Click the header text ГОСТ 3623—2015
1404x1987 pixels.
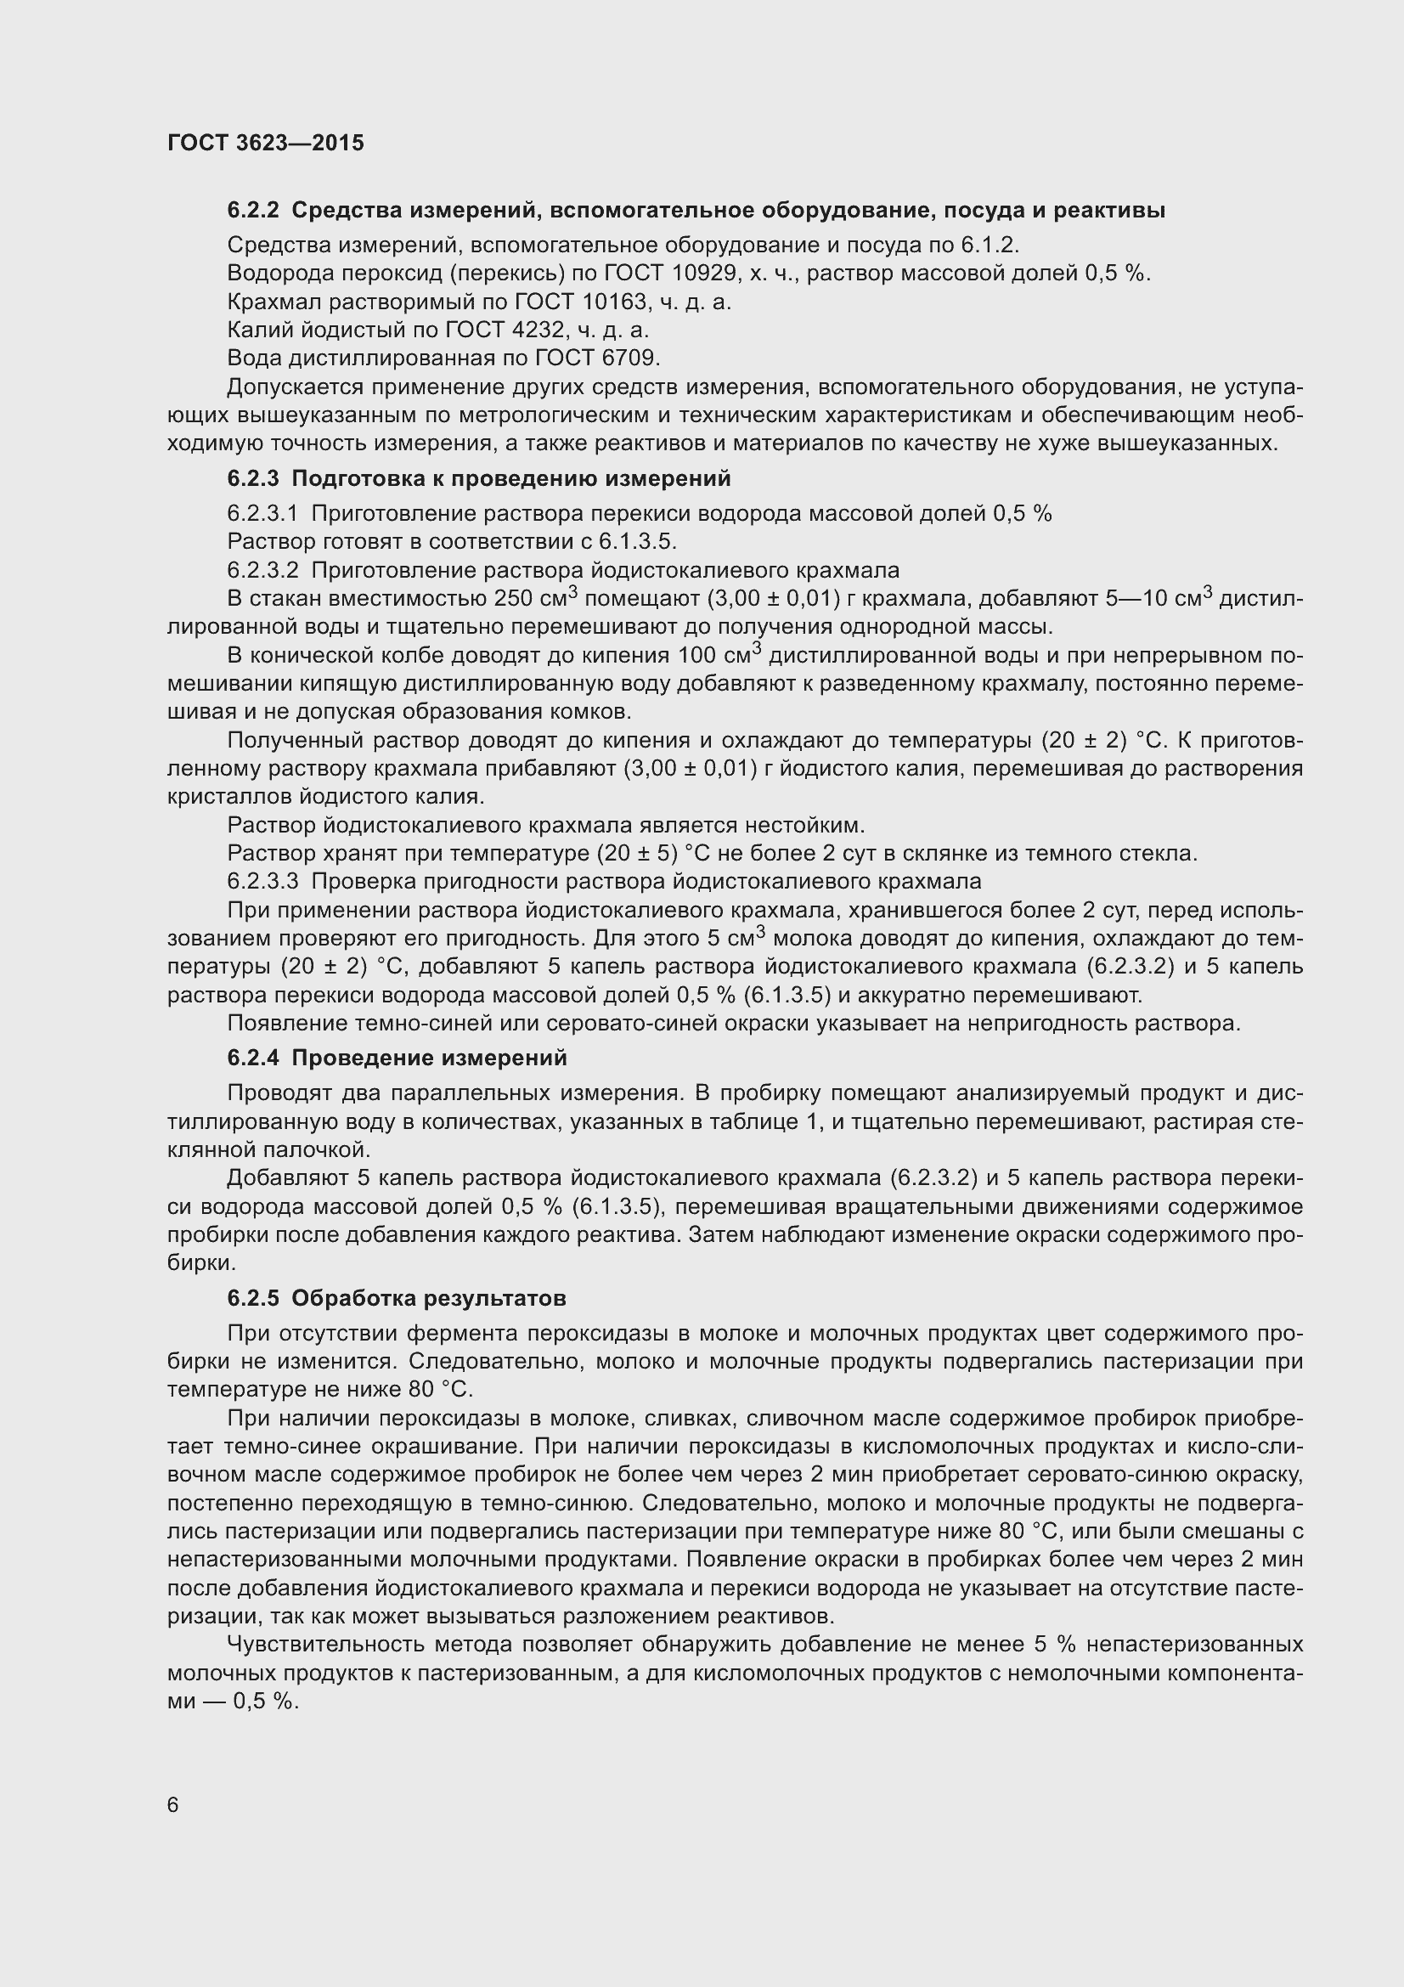pos(266,143)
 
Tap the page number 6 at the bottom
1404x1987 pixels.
pos(173,1805)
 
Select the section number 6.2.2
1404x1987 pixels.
pos(253,211)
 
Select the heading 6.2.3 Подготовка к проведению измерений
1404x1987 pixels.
pos(479,478)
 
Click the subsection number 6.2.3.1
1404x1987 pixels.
pos(263,514)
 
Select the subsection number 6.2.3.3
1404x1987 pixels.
pos(263,882)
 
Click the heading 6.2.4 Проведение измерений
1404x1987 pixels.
pos(397,1058)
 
